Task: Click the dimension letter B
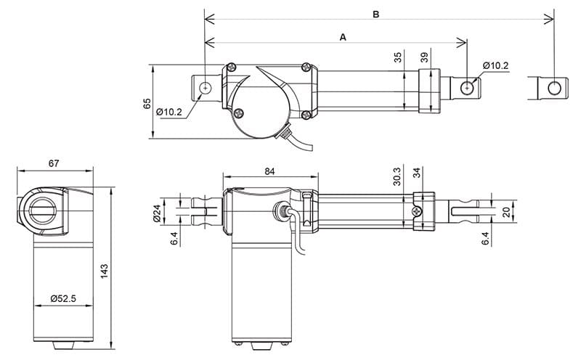pos(375,14)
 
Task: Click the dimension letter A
pos(343,36)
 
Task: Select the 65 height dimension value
pos(146,103)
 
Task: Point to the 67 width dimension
pos(54,163)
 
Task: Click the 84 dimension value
pos(270,171)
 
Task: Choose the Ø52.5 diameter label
pos(64,298)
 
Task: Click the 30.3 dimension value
pos(397,176)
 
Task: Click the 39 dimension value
pos(425,57)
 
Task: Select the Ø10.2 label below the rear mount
pos(168,112)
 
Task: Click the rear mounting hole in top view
pos(206,88)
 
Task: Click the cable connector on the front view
pos(280,213)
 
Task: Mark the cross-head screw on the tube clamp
pos(418,211)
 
